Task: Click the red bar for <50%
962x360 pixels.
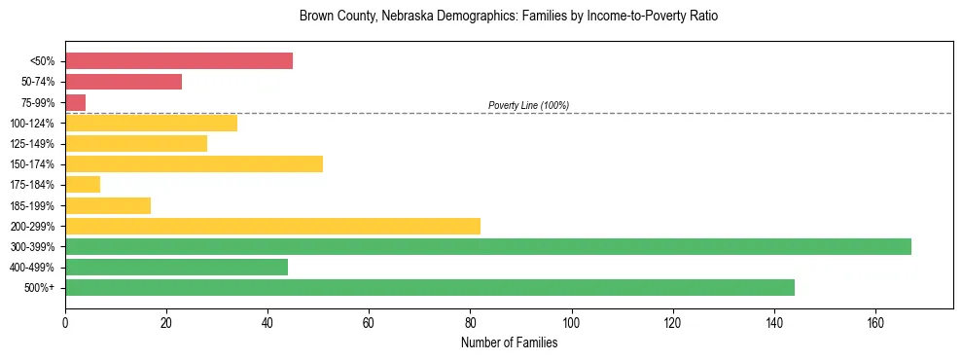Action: tap(179, 61)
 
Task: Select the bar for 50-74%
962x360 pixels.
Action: tap(124, 82)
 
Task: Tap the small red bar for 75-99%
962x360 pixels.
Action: tap(75, 102)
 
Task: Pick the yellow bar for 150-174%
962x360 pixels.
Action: tap(194, 163)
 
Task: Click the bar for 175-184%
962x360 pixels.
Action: tap(83, 184)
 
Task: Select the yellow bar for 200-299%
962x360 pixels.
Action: tap(272, 226)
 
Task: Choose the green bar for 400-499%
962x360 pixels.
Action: tap(176, 267)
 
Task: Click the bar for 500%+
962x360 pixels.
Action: tap(429, 287)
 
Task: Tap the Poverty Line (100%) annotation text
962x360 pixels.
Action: tap(528, 105)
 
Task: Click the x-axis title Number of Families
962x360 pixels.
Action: tap(509, 342)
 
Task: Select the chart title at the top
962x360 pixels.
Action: tap(509, 17)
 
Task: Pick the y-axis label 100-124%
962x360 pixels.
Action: tap(32, 123)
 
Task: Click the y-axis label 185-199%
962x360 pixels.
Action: tap(32, 205)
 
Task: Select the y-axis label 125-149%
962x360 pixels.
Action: tap(32, 143)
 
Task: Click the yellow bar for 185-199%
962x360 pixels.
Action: tap(108, 205)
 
